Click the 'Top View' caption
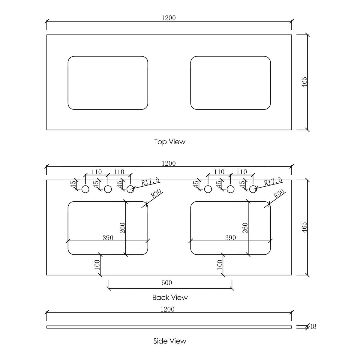pos(169,142)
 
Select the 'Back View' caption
pos(170,297)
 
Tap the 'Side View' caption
pos(170,341)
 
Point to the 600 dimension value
pos(166,283)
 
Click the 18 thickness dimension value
pos(313,326)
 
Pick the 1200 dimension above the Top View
pos(169,18)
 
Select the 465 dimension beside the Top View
pos(304,82)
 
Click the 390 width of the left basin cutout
pos(108,238)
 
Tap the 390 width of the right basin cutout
pos(230,238)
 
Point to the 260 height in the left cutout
pos(122,228)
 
